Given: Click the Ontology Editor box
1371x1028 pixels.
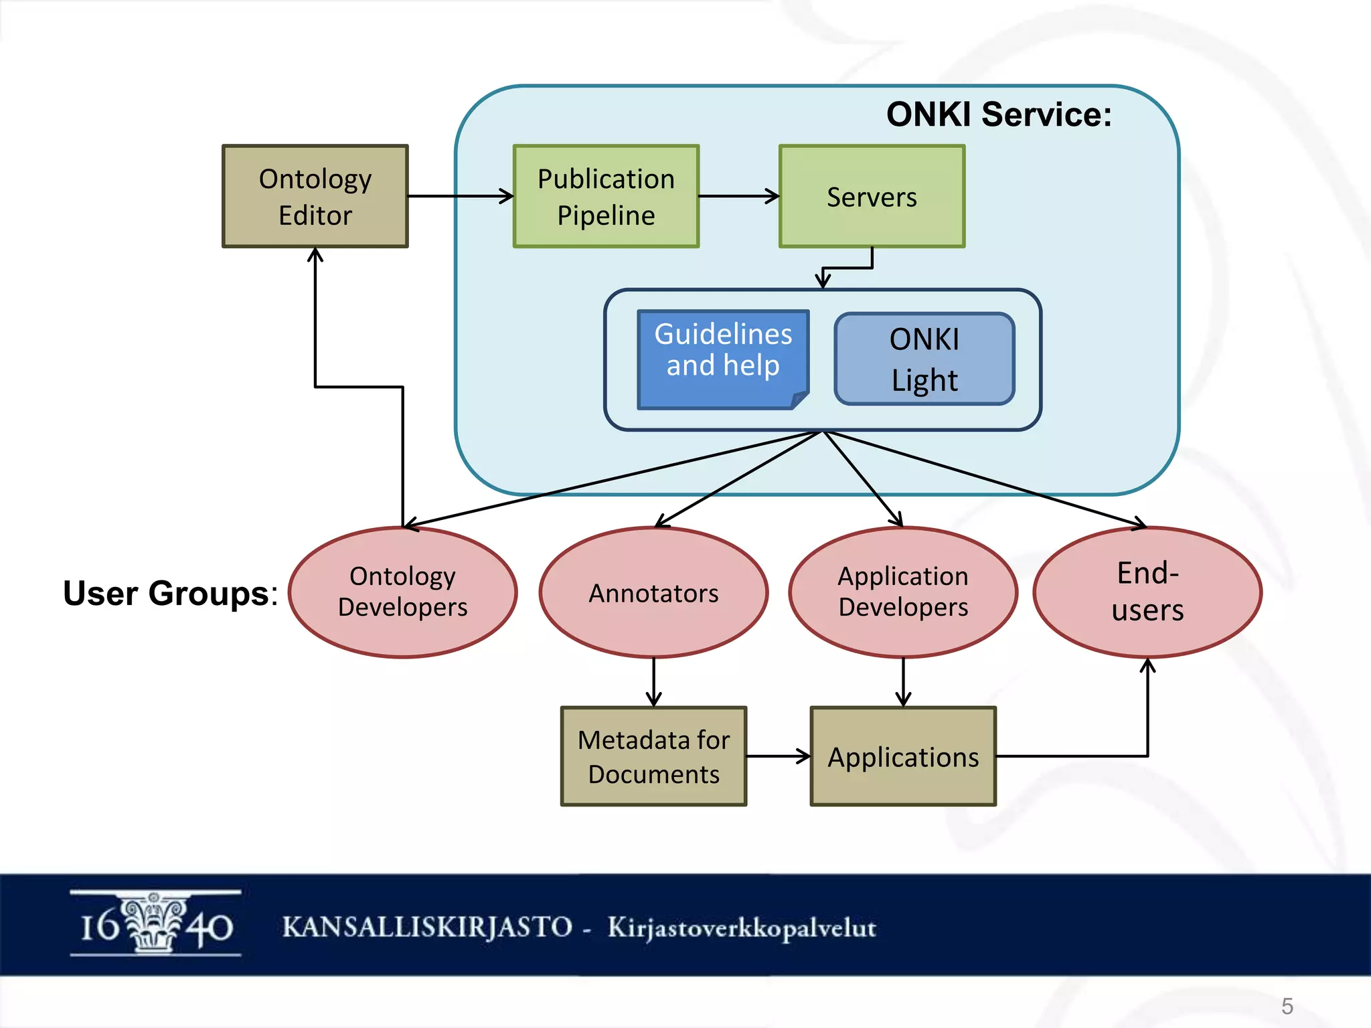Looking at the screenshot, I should (315, 197).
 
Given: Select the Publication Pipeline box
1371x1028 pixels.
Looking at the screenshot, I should (606, 197).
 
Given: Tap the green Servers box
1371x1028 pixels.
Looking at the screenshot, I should (872, 197).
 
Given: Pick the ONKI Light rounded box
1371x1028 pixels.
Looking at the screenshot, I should (924, 359).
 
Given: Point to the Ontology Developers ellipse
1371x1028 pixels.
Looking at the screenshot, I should (402, 592).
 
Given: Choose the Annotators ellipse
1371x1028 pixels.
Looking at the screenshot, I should (653, 592).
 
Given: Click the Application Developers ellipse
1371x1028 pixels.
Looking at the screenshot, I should (903, 592).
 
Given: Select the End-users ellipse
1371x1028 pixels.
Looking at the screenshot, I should (1147, 592).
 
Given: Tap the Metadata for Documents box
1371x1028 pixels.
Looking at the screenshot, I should (653, 756).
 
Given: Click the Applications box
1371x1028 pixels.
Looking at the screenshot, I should (903, 756).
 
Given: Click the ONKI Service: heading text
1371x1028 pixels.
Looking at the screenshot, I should (998, 114).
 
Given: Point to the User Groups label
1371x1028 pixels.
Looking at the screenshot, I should (169, 593).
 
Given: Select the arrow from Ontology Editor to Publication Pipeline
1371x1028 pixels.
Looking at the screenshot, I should (460, 196).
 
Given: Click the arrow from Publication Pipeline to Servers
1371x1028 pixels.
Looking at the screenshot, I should (738, 196).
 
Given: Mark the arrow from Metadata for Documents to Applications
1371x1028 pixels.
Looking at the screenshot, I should (778, 756).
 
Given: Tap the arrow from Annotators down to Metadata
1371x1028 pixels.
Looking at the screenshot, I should (653, 681).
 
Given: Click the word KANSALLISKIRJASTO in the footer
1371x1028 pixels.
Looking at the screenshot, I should (427, 927).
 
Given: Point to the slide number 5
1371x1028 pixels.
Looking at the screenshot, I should (1287, 1006).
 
